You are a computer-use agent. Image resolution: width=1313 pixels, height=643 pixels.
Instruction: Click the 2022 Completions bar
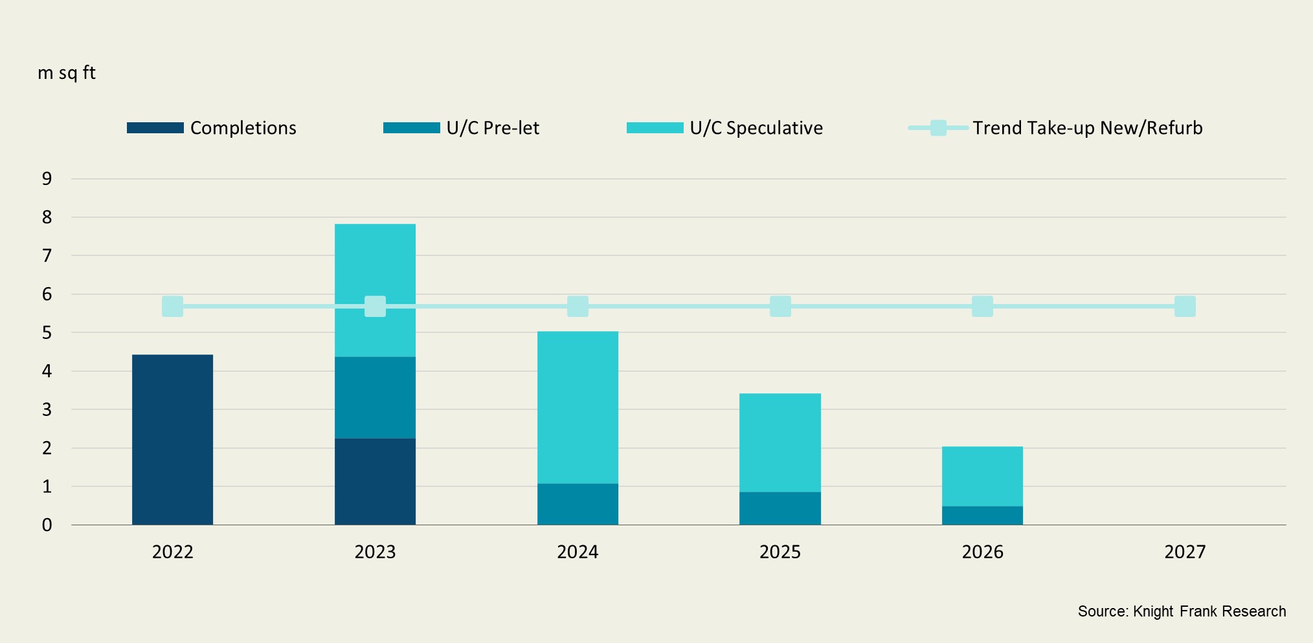tap(172, 440)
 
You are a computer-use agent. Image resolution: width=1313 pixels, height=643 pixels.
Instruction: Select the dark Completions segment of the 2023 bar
tap(375, 481)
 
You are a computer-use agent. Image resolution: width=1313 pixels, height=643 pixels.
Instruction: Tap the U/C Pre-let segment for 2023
tap(375, 397)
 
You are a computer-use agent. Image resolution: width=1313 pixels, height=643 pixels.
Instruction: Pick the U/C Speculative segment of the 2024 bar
tap(578, 408)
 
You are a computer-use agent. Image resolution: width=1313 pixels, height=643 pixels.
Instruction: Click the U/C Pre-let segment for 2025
tap(780, 508)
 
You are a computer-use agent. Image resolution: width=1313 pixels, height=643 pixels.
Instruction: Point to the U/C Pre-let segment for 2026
tap(982, 516)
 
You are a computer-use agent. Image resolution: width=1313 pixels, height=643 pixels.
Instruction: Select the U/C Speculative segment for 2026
tap(982, 476)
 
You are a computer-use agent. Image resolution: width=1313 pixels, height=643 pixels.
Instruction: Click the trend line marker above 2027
tap(1185, 306)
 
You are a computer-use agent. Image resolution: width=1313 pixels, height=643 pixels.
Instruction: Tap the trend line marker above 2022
tap(172, 306)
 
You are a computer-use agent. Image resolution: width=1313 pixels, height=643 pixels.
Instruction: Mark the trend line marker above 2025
tap(780, 306)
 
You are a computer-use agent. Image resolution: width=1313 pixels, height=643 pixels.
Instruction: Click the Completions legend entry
tap(212, 128)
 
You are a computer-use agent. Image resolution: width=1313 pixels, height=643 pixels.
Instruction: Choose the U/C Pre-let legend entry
tap(462, 128)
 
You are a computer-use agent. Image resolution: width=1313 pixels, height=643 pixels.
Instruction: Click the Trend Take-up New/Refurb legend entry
tap(1055, 128)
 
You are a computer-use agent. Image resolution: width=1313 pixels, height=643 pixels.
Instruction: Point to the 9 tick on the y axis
tap(47, 179)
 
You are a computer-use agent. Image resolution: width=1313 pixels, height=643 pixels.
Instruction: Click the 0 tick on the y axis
tap(47, 525)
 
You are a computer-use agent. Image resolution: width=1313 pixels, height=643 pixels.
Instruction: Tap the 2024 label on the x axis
tap(578, 552)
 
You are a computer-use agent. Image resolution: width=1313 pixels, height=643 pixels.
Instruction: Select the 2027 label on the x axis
tap(1185, 552)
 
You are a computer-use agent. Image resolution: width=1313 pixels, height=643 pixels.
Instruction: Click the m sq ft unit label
tap(67, 72)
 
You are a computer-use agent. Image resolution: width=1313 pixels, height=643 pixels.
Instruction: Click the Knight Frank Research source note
tap(1182, 611)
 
